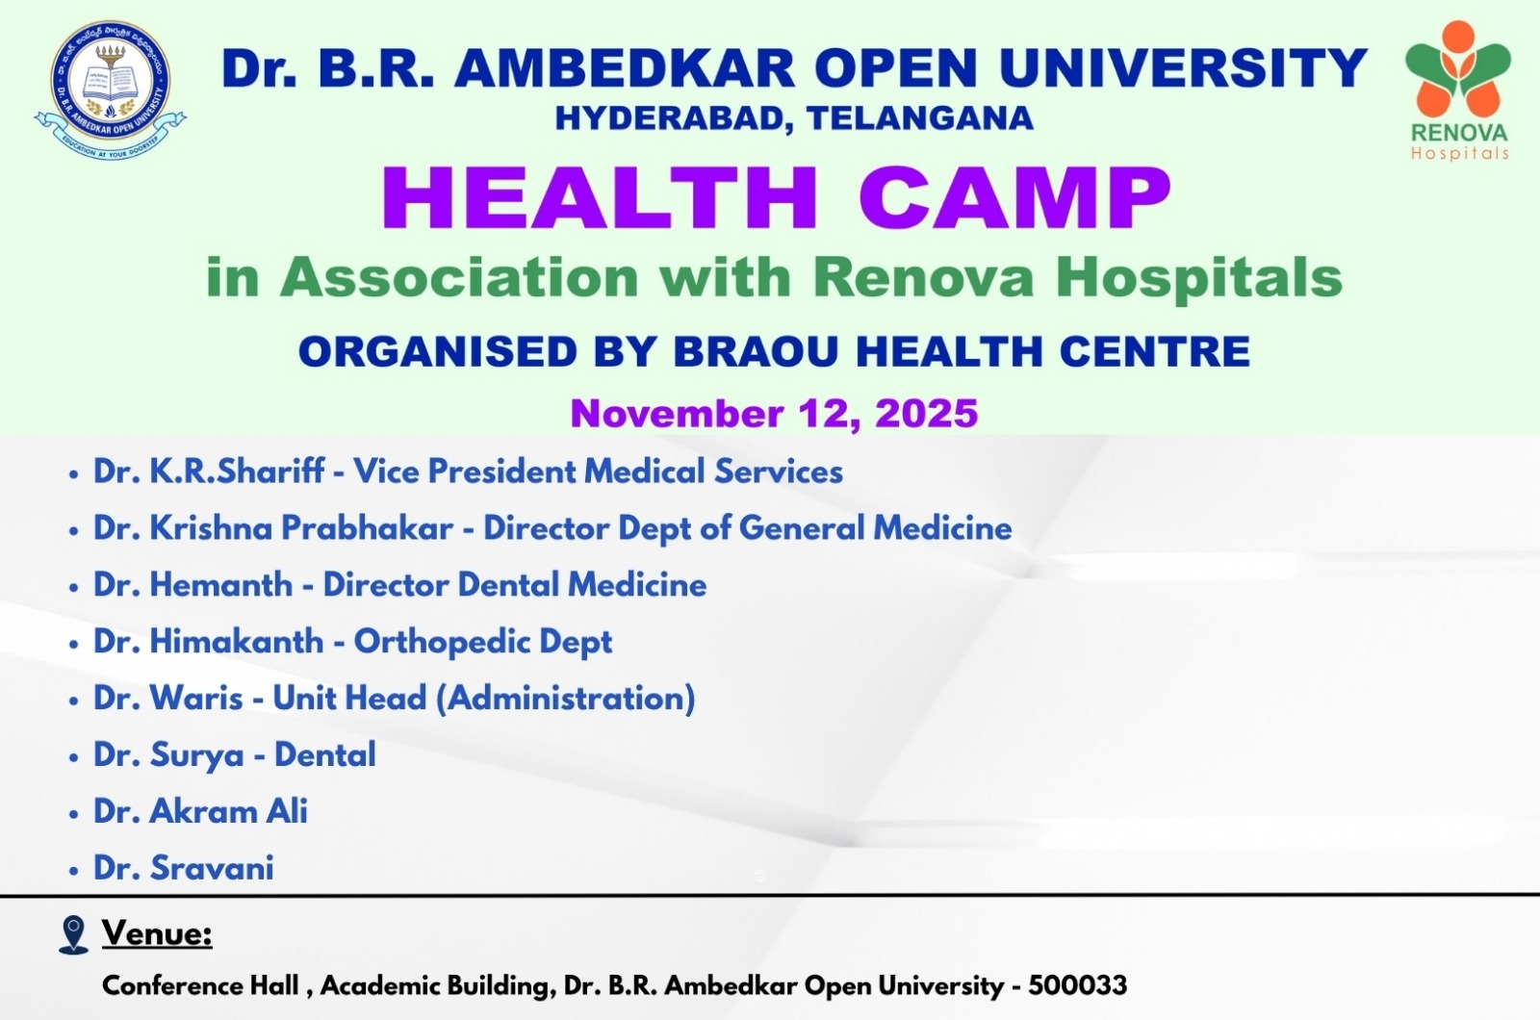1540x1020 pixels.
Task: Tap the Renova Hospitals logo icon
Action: point(1457,67)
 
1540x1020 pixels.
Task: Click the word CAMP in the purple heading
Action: point(1014,198)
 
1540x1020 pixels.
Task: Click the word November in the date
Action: point(677,414)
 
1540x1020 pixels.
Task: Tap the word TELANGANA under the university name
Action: point(920,118)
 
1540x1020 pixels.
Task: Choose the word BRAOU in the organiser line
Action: point(757,352)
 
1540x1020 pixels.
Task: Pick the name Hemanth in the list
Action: point(221,585)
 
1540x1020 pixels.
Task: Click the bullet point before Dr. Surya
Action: point(74,756)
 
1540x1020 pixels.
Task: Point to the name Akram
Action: point(202,811)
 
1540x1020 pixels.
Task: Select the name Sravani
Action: point(212,868)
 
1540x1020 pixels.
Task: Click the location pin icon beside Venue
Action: point(73,934)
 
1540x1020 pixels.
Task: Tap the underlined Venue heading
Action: point(158,933)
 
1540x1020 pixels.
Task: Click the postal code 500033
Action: point(1077,985)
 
